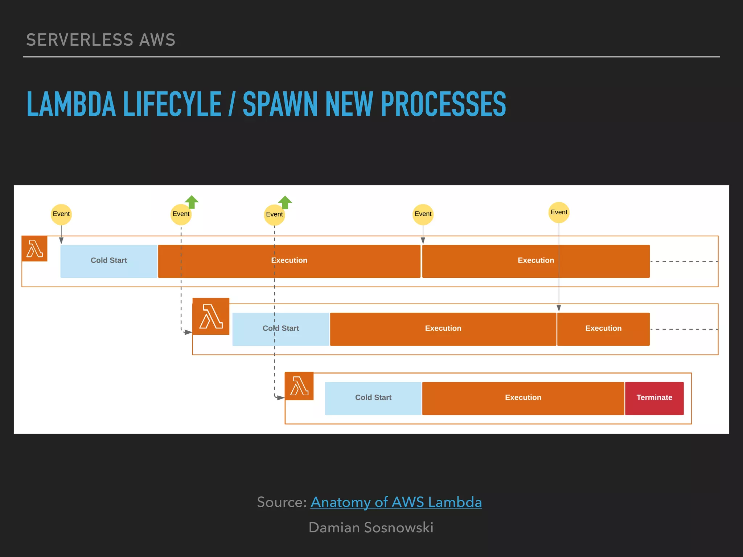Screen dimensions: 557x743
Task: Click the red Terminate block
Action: pyautogui.click(x=654, y=398)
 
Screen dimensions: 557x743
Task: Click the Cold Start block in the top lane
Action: pyautogui.click(x=109, y=261)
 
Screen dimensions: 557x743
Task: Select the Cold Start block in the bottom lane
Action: pyautogui.click(x=373, y=398)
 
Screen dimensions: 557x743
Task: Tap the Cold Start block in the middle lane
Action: pyautogui.click(x=280, y=329)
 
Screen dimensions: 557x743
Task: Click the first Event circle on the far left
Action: pyautogui.click(x=61, y=214)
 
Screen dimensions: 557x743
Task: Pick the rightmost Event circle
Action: pyautogui.click(x=559, y=212)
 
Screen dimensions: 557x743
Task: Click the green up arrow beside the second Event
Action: pyautogui.click(x=192, y=202)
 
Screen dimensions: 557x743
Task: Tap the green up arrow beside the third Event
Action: pyautogui.click(x=285, y=202)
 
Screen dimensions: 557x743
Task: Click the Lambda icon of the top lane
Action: pyautogui.click(x=34, y=248)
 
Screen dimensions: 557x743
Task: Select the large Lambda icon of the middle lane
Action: pyautogui.click(x=211, y=316)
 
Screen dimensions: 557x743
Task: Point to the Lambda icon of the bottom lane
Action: pyautogui.click(x=299, y=386)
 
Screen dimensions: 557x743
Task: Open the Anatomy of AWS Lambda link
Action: pyautogui.click(x=396, y=502)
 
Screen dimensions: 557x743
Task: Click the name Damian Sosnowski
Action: pyautogui.click(x=371, y=528)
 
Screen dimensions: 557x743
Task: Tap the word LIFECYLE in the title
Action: pyautogui.click(x=172, y=104)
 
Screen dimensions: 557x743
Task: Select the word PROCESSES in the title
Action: pyautogui.click(x=443, y=104)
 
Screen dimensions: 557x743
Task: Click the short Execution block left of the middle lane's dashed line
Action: pyautogui.click(x=603, y=329)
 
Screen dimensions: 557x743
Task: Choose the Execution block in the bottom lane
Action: pyautogui.click(x=523, y=398)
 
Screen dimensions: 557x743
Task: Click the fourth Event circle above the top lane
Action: pyautogui.click(x=423, y=214)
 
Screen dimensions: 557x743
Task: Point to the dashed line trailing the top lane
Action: pyautogui.click(x=684, y=261)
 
